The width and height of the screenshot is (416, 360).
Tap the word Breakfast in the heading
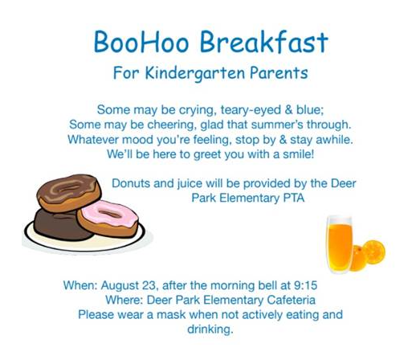tap(264, 42)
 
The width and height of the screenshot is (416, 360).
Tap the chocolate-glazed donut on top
tap(68, 192)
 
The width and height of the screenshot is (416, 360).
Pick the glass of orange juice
tap(339, 241)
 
